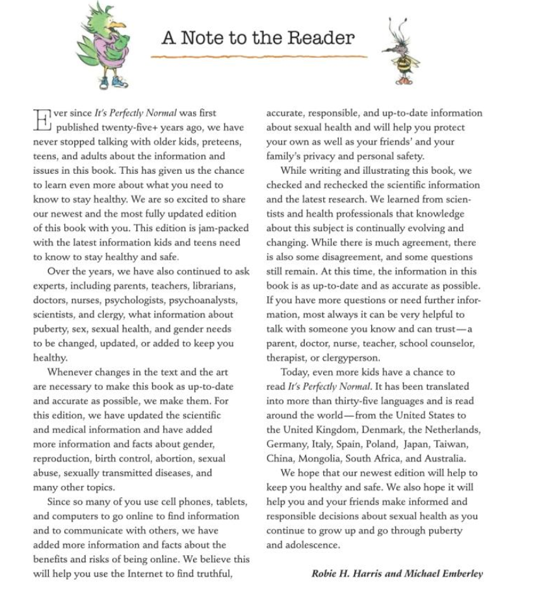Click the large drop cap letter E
coord(42,120)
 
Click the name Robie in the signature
coord(326,573)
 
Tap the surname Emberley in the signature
coord(460,573)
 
